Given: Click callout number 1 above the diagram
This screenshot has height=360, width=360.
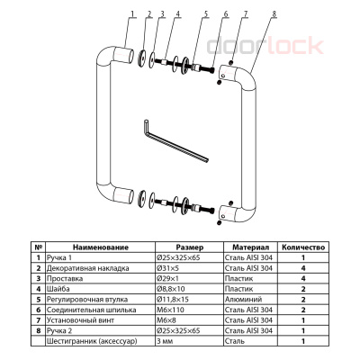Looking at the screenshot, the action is click(x=133, y=13).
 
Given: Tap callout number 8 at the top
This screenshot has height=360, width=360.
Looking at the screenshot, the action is click(x=274, y=13).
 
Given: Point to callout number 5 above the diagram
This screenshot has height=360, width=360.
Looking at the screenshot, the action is click(x=206, y=13).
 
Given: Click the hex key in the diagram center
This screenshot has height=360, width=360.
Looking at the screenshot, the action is click(x=175, y=142).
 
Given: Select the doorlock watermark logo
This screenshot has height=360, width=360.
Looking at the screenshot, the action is click(x=265, y=46).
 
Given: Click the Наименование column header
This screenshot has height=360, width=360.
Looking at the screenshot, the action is click(x=101, y=247).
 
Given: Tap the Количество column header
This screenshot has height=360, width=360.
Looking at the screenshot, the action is click(x=303, y=247).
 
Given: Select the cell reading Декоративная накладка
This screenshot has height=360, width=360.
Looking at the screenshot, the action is click(x=87, y=268).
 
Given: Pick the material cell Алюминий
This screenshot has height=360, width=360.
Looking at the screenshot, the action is click(x=243, y=300).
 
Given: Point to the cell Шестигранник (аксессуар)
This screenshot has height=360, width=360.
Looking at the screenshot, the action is click(x=92, y=341).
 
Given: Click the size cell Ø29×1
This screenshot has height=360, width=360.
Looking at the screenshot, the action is click(x=167, y=279).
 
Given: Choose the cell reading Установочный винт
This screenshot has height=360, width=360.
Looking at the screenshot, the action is click(x=80, y=320).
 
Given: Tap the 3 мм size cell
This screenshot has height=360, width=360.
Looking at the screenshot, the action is click(x=165, y=341).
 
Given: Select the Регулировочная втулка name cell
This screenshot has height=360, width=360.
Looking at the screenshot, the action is click(x=87, y=300).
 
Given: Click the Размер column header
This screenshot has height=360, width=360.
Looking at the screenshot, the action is click(x=190, y=247).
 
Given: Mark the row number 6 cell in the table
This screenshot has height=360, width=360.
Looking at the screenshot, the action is click(x=38, y=310).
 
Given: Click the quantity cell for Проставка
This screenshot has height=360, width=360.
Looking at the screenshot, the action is click(x=303, y=279).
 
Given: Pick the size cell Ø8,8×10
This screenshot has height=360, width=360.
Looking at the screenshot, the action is click(x=171, y=289).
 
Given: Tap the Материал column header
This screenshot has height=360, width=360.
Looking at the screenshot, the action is click(x=251, y=247).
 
